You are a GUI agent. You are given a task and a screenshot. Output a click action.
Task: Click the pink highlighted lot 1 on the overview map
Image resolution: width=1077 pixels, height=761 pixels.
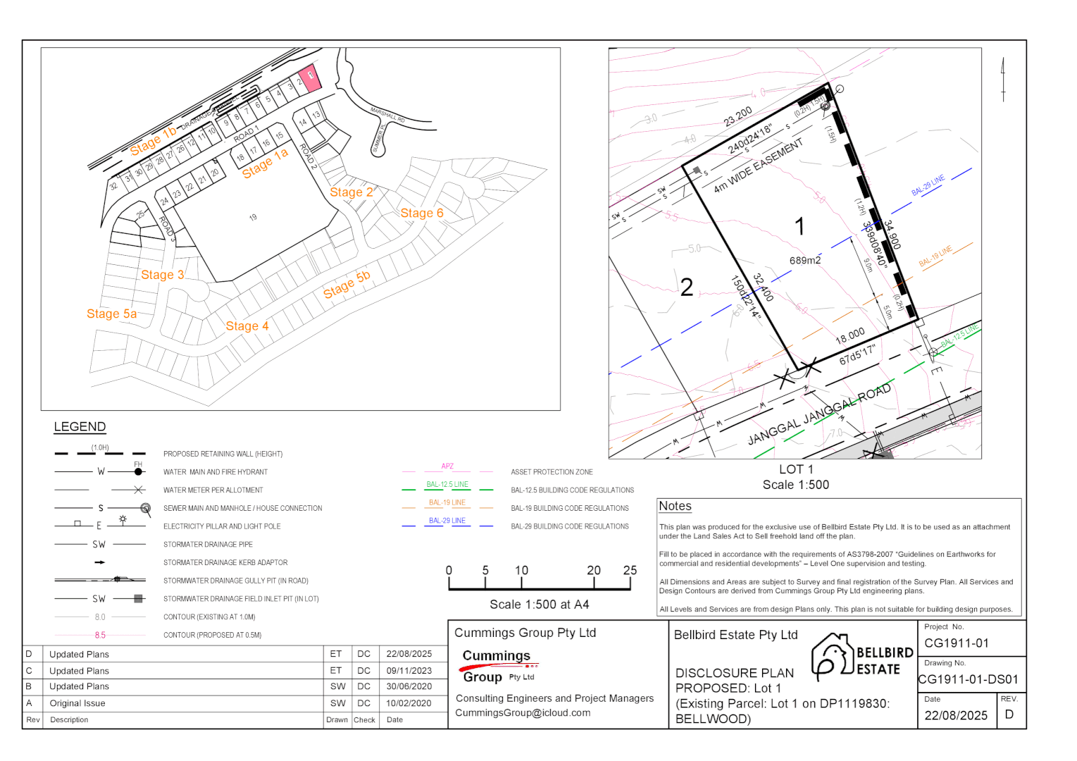point(310,77)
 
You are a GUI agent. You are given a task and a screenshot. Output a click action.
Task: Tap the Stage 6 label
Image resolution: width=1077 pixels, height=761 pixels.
point(421,213)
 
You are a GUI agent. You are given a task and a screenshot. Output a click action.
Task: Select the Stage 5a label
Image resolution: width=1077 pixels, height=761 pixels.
point(111,314)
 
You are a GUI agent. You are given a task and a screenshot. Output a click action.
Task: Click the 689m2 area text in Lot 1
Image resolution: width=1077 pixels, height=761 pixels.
point(804,261)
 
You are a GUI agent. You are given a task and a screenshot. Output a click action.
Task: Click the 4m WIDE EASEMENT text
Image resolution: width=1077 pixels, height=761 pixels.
point(758,166)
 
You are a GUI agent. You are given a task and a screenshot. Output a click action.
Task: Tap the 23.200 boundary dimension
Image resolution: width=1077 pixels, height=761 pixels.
point(737,116)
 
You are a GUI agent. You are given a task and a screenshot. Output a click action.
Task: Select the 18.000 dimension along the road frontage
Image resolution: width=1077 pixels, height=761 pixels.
point(849,335)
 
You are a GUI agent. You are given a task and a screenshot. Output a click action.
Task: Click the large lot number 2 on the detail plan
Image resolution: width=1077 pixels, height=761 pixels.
point(686,287)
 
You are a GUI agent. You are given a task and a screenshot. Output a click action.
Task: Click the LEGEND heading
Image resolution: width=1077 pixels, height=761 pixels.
point(80,427)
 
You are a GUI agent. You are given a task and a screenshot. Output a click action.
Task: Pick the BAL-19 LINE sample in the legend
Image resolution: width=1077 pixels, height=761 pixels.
point(447,503)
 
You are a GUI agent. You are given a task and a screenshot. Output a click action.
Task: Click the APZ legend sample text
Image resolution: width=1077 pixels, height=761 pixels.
point(447,466)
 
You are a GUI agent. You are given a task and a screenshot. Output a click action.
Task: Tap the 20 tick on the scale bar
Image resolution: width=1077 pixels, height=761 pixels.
point(594,571)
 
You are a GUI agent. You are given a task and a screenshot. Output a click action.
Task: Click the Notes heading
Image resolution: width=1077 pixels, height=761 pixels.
point(675,506)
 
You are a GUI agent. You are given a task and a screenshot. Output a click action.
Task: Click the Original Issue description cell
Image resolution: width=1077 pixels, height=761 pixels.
point(77,703)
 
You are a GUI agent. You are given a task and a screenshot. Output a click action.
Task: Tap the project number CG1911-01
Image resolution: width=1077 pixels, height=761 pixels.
point(956,643)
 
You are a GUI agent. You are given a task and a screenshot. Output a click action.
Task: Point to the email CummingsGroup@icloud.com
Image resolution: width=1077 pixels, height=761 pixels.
point(522,713)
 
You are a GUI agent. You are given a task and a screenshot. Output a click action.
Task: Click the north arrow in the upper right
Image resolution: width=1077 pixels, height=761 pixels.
point(1003,79)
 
